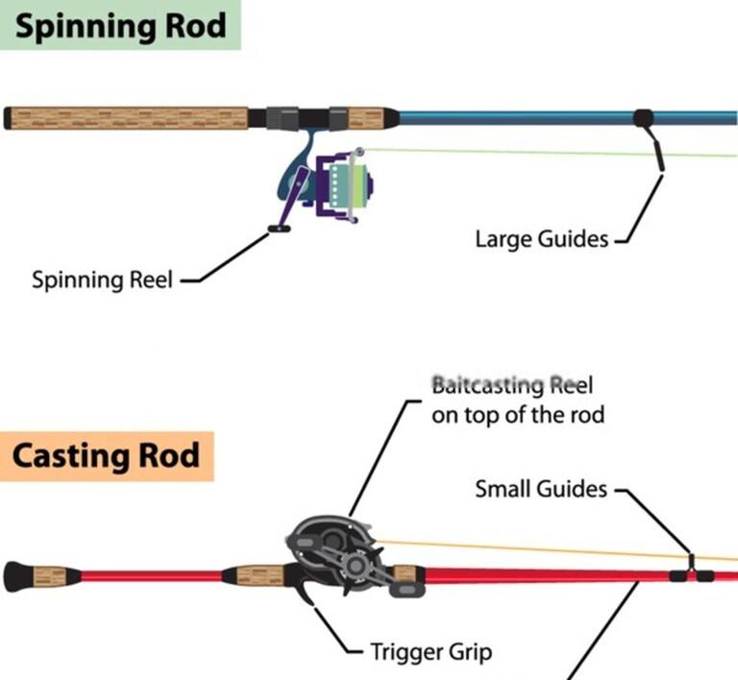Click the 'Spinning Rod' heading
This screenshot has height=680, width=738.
coord(120,25)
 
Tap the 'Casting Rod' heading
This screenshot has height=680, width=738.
coord(107,454)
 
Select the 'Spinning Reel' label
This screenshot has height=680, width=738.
coord(102,280)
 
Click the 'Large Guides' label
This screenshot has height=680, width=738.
coord(542,238)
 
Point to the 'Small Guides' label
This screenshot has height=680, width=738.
coord(542,489)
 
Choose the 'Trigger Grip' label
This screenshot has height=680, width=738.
coord(431,652)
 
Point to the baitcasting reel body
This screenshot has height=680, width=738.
coord(336,557)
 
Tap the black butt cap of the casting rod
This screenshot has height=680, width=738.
coord(19,576)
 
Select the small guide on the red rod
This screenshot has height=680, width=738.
coord(691,569)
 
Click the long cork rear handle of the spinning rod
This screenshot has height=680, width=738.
coord(130,118)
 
